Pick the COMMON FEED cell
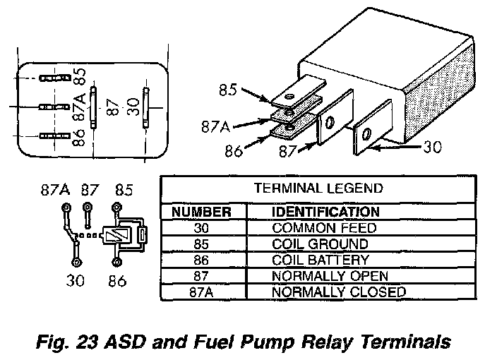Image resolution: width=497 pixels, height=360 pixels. click(324, 229)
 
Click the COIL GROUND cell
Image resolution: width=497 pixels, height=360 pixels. click(319, 244)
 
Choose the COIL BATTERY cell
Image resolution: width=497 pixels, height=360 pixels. click(320, 260)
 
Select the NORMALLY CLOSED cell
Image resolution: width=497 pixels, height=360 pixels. click(338, 292)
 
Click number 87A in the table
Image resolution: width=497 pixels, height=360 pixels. click(202, 292)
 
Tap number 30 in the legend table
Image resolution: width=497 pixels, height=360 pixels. click(202, 229)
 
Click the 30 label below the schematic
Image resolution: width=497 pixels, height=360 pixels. click(76, 280)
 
